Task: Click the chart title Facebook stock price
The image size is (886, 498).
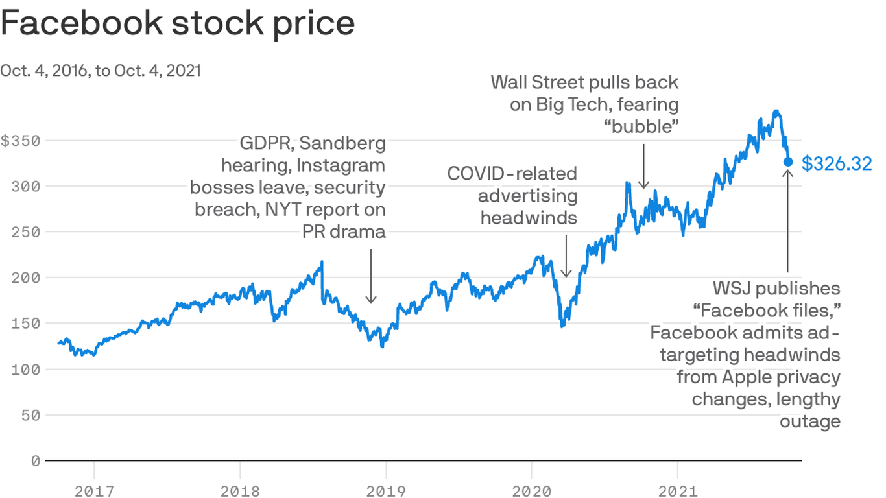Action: click(x=178, y=23)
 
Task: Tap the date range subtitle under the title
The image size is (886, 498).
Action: click(x=101, y=71)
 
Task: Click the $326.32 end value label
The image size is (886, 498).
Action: click(x=837, y=164)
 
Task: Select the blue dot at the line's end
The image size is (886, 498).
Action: click(x=788, y=161)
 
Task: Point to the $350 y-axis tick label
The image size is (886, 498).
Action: click(x=20, y=141)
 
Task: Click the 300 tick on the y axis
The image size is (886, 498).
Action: click(x=26, y=187)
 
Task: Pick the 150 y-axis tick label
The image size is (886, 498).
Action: click(x=26, y=324)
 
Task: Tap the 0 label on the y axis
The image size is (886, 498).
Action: click(x=35, y=461)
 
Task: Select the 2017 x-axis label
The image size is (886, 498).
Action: click(x=94, y=490)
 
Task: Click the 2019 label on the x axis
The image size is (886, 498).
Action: click(x=385, y=490)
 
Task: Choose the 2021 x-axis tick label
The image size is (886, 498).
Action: click(x=677, y=490)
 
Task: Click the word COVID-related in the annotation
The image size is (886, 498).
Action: click(x=512, y=173)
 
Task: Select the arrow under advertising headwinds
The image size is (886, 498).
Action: click(x=566, y=255)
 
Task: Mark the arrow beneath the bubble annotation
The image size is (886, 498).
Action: click(x=643, y=166)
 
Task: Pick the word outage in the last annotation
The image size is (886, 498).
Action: click(x=809, y=421)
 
